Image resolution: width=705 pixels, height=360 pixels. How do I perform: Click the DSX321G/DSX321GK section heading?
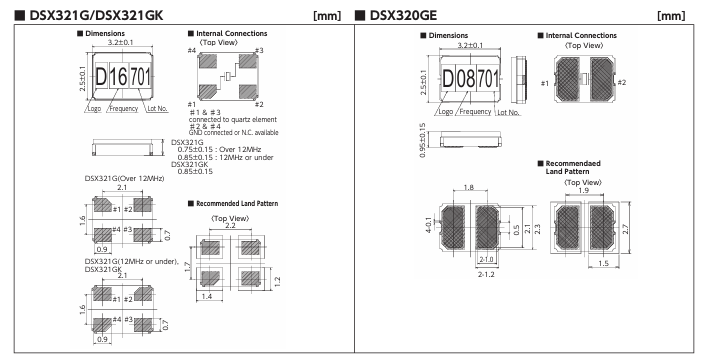point(96,15)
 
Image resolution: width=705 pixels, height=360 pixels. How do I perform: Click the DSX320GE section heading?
point(402,15)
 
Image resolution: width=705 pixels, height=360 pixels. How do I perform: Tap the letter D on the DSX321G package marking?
point(101,76)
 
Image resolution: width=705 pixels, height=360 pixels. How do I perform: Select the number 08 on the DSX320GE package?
point(466,79)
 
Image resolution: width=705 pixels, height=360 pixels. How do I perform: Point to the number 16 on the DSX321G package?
point(118,76)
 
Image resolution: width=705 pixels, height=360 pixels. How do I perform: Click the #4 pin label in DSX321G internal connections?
point(192,50)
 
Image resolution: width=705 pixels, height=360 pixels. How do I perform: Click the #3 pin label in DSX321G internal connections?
point(259,50)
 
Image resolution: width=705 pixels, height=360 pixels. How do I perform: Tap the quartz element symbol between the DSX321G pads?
point(228,76)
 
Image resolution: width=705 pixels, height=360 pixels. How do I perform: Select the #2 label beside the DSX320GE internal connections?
point(622,82)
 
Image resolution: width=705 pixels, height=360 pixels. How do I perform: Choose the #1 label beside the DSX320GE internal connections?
point(545,83)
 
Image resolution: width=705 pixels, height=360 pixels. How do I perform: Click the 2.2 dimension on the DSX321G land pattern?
point(230,226)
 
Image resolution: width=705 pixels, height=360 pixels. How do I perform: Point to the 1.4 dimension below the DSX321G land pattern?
point(207,296)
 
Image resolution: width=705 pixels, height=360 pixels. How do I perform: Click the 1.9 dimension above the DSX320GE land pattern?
point(583,190)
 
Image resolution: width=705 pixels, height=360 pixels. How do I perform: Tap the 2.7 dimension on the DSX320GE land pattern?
point(625,229)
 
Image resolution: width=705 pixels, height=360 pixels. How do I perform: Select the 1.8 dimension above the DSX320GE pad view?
point(469,187)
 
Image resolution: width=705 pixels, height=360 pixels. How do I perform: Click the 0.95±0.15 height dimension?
point(422,140)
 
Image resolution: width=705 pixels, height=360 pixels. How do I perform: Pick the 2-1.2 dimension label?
point(486,274)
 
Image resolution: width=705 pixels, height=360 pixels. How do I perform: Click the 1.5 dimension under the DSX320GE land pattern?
point(603,263)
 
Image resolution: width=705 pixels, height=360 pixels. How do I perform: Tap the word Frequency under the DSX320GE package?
point(475,111)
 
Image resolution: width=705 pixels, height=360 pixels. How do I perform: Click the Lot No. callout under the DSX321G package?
point(157,108)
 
